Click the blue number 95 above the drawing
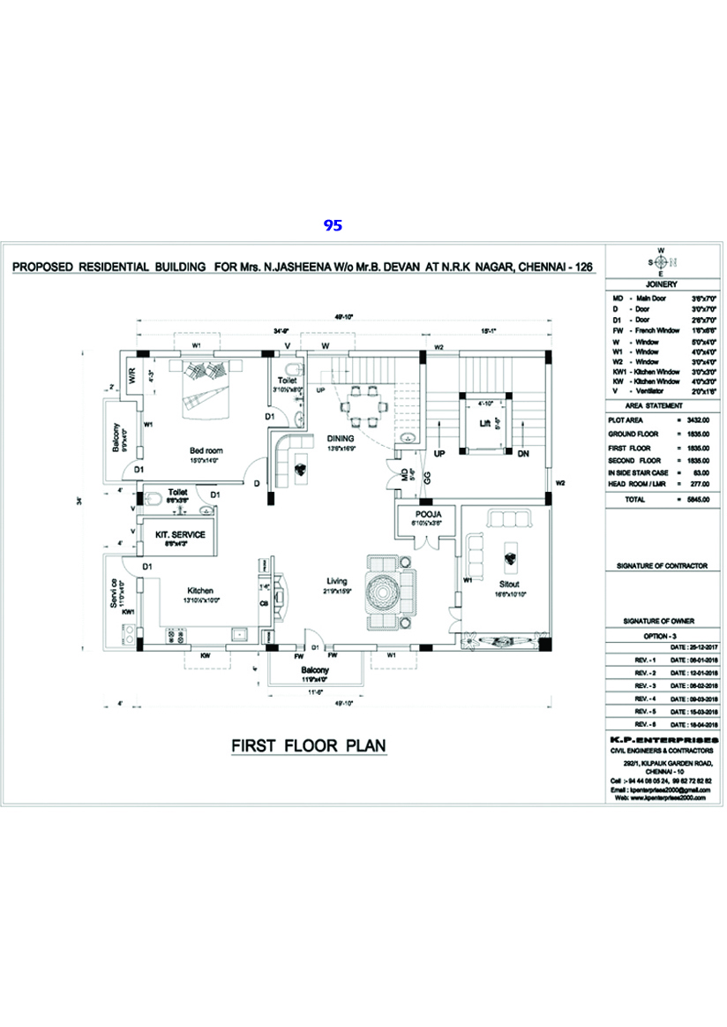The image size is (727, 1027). pyautogui.click(x=333, y=225)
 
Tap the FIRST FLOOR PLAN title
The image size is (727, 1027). pyautogui.click(x=309, y=746)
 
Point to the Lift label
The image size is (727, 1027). pyautogui.click(x=484, y=423)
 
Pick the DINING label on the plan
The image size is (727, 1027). pyautogui.click(x=341, y=438)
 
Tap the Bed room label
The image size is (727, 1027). pyautogui.click(x=206, y=450)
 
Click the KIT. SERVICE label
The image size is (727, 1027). pyautogui.click(x=180, y=535)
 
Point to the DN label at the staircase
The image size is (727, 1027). pyautogui.click(x=522, y=453)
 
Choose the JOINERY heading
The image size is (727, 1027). pyautogui.click(x=660, y=285)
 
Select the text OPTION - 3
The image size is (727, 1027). pyautogui.click(x=660, y=634)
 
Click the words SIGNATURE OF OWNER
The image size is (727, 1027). pyautogui.click(x=660, y=621)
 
